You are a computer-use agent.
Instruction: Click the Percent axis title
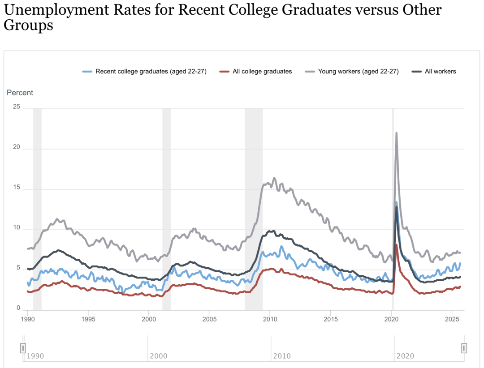click(20, 93)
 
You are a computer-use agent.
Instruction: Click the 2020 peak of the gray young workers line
click(396, 133)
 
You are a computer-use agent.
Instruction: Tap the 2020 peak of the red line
click(397, 245)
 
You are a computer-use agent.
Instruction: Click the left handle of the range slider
click(23, 348)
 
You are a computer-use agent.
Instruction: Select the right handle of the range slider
click(464, 348)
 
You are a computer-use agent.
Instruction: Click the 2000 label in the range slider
click(158, 356)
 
